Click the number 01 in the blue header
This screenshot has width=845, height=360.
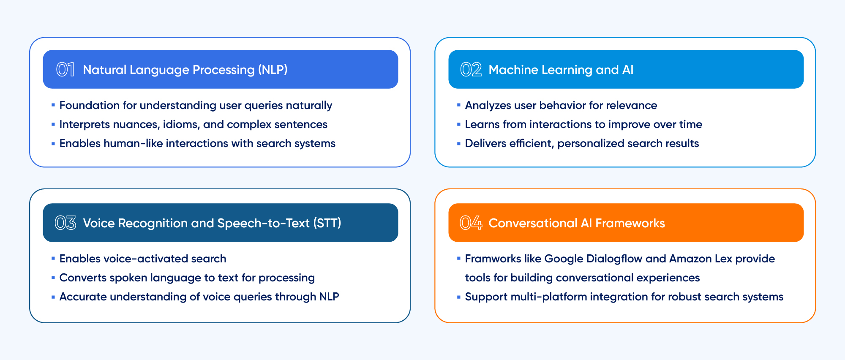(x=65, y=70)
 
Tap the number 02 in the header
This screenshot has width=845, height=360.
(x=471, y=70)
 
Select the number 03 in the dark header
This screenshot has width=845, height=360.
(x=65, y=223)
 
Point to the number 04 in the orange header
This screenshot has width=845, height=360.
(x=471, y=223)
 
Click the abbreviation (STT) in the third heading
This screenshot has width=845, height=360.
(x=327, y=223)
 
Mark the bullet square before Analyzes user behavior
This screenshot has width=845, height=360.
(x=459, y=105)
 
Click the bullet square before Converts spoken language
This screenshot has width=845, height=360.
(x=53, y=278)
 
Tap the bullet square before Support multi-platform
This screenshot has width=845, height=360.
(x=459, y=297)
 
